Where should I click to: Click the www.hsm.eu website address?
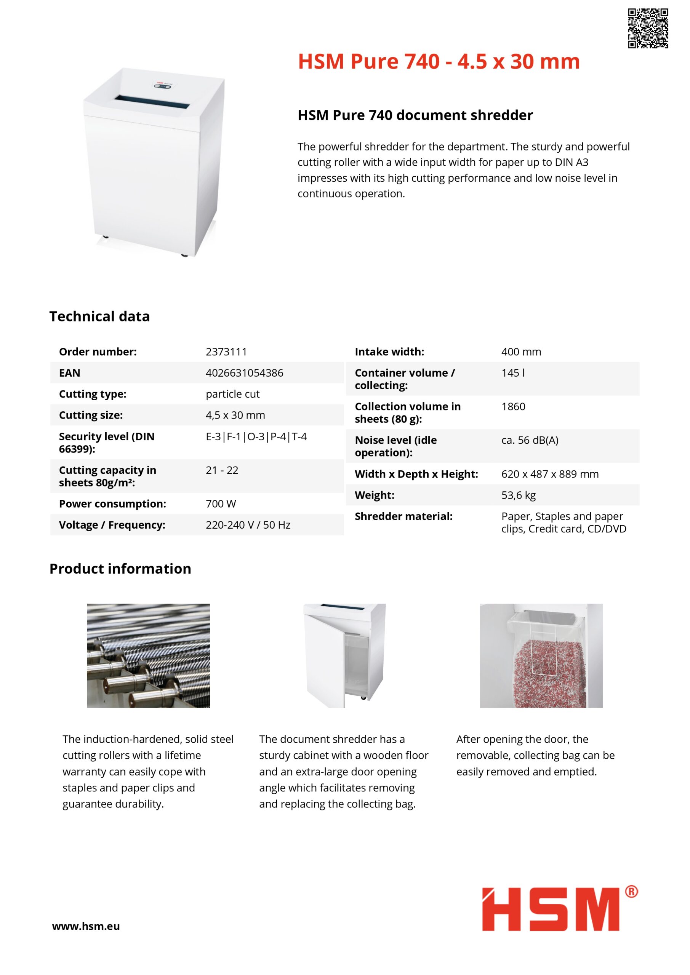tap(86, 926)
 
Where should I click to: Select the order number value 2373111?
tap(226, 352)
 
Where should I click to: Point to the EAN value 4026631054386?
tap(244, 373)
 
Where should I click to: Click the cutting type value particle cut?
tap(232, 394)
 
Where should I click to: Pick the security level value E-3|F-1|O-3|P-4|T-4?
tap(256, 436)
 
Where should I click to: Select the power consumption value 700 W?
tap(221, 503)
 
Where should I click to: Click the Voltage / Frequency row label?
tap(112, 525)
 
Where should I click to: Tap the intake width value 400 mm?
tap(521, 352)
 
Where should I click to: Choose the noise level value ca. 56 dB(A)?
tap(530, 440)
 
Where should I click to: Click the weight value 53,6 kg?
tap(518, 495)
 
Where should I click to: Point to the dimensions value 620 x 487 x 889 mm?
tap(550, 474)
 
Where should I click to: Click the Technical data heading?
tap(99, 316)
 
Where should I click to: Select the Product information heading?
tap(120, 569)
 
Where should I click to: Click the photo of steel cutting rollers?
tap(148, 656)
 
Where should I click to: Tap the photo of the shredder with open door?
tap(344, 656)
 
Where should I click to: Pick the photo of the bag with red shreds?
tap(541, 656)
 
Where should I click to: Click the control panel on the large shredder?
tap(162, 86)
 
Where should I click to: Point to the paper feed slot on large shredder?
tap(152, 102)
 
